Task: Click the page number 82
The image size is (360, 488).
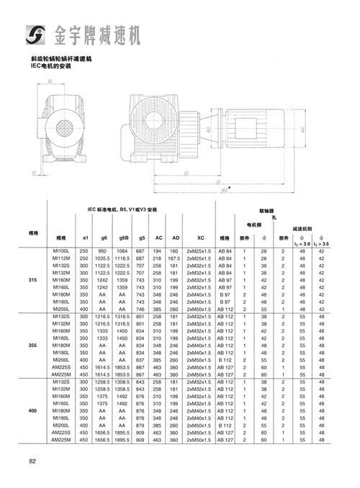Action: click(33, 461)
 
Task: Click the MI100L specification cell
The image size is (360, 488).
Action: click(61, 249)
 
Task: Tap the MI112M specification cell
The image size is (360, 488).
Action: click(61, 257)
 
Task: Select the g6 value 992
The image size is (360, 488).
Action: click(104, 249)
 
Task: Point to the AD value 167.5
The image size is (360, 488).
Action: click(174, 257)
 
